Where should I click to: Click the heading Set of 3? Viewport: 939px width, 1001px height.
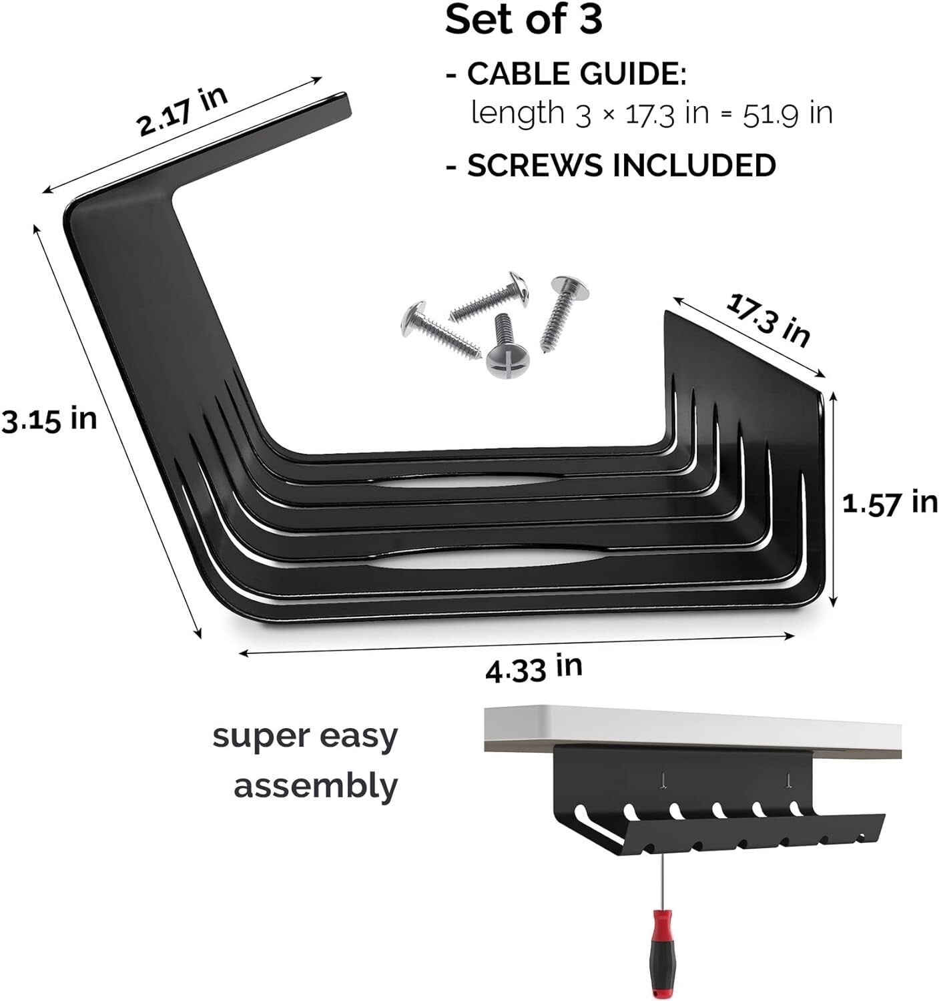[x=523, y=20]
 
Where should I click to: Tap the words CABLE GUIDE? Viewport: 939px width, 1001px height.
[x=576, y=73]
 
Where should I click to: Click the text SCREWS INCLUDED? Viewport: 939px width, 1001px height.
[x=621, y=165]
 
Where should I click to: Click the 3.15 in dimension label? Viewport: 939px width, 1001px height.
[x=49, y=420]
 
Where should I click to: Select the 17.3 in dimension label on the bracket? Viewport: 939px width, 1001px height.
[x=767, y=320]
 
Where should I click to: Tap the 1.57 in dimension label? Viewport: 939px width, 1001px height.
[x=890, y=503]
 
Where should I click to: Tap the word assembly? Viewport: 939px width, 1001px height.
[x=315, y=786]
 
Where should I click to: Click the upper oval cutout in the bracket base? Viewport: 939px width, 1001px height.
[x=467, y=482]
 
